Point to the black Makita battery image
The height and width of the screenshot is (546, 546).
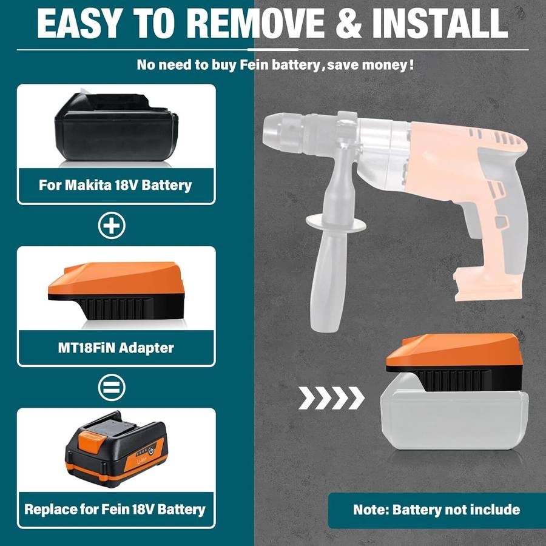pyautogui.click(x=116, y=127)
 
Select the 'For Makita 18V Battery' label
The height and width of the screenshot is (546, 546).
pyautogui.click(x=115, y=184)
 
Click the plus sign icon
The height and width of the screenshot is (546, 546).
pyautogui.click(x=112, y=226)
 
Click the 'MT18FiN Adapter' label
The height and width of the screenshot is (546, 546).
pyautogui.click(x=115, y=348)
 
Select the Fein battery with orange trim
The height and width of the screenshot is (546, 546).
pyautogui.click(x=115, y=449)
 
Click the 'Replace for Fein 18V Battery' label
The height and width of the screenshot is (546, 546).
pyautogui.click(x=115, y=508)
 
